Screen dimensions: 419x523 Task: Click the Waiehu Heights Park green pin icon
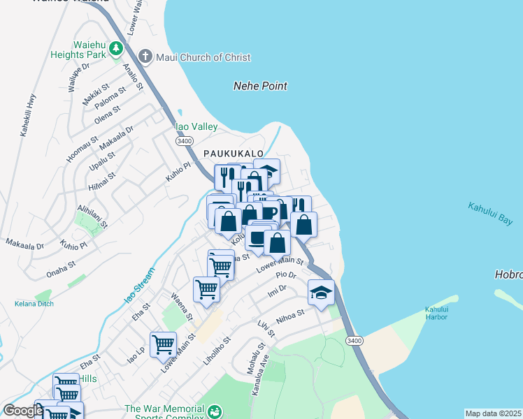pyautogui.click(x=115, y=49)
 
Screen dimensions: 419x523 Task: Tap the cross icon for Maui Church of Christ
pyautogui.click(x=145, y=56)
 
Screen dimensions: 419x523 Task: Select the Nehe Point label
pyautogui.click(x=260, y=86)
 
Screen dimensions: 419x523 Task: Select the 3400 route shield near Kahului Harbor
pyautogui.click(x=353, y=340)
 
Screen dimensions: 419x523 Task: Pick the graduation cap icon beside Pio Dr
pyautogui.click(x=321, y=292)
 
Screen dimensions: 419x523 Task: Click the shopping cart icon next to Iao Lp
pyautogui.click(x=163, y=344)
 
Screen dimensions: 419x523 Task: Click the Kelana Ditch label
pyautogui.click(x=34, y=304)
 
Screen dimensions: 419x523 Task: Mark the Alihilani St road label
pyautogui.click(x=92, y=216)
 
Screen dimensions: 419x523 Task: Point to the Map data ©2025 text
pyautogui.click(x=493, y=413)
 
